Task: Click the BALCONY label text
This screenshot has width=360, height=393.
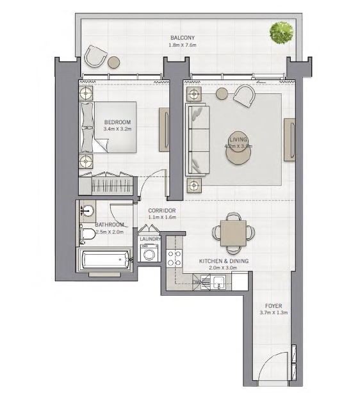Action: click(182, 38)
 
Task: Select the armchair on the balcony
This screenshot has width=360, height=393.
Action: click(95, 56)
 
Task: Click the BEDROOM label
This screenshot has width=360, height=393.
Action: click(117, 122)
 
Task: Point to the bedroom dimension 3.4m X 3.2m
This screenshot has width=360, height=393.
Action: click(117, 129)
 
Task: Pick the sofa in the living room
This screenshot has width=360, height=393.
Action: click(197, 140)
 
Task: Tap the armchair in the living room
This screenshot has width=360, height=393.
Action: click(244, 97)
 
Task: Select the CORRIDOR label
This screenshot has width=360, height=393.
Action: click(162, 211)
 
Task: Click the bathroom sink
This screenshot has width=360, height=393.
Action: click(88, 211)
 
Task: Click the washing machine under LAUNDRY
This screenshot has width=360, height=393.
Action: click(149, 253)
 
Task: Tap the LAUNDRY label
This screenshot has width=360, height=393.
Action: click(149, 239)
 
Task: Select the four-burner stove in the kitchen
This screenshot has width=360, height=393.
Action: click(174, 258)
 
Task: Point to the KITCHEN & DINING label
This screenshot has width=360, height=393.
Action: click(223, 261)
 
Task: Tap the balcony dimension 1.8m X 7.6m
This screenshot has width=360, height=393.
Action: click(182, 45)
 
